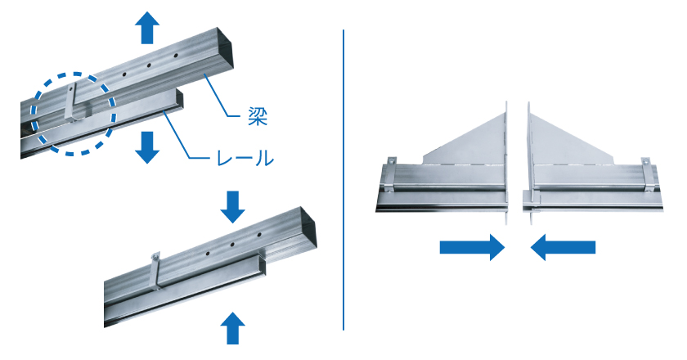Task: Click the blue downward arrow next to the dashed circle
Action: coord(147,146)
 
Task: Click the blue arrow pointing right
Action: coord(471,246)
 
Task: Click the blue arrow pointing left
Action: coord(563,246)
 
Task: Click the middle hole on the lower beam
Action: coord(232,244)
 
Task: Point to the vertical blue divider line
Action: coord(343,180)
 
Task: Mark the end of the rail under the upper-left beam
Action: coord(177,100)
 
